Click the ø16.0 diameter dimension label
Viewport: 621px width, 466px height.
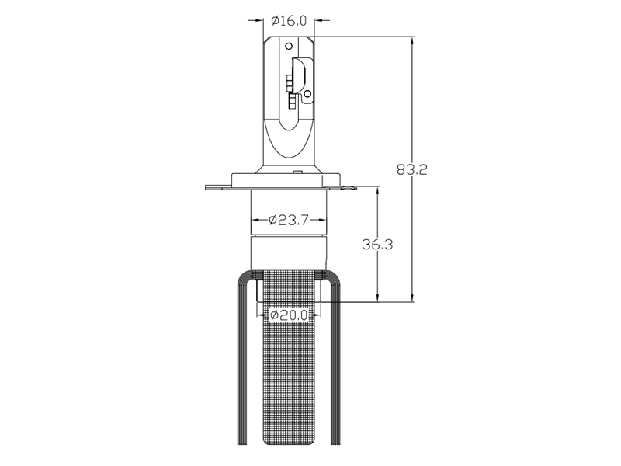[289, 21]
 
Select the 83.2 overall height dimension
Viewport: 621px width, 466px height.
[412, 169]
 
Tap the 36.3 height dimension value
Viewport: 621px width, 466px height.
[378, 245]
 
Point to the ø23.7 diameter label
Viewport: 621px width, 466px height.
[289, 220]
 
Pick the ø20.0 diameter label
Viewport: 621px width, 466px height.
[289, 315]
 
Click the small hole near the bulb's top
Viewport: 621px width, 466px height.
[289, 46]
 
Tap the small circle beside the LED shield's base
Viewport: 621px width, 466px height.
[307, 93]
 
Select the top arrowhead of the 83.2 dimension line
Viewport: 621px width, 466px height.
[413, 42]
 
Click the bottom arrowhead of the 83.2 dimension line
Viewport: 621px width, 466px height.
[413, 297]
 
